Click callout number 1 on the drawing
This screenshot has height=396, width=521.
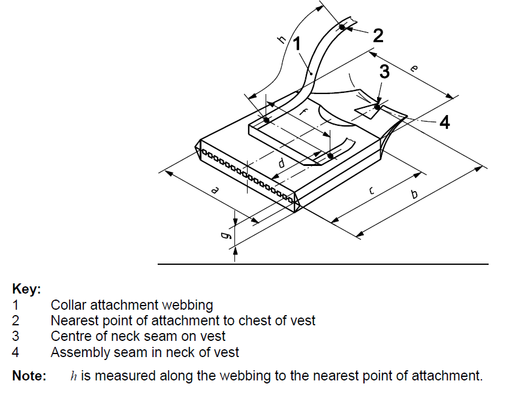297,44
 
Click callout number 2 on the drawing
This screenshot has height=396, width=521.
378,35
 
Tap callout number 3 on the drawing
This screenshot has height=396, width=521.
384,72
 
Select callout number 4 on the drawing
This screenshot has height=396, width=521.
444,122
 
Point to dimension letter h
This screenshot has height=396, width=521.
282,40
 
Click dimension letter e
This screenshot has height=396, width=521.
414,69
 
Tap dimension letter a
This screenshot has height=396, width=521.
215,190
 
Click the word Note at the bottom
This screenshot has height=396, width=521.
29,376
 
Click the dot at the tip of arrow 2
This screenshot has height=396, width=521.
342,27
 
